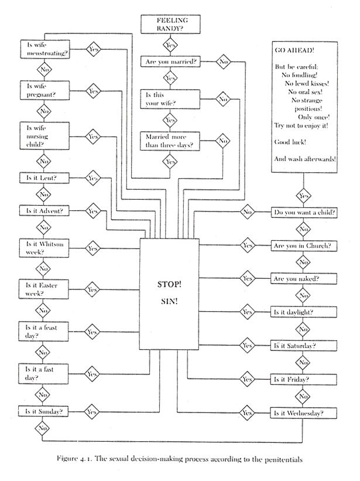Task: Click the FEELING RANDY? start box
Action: tap(170, 24)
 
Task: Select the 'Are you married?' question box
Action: tap(170, 60)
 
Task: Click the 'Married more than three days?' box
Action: tap(170, 141)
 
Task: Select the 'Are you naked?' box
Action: tap(304, 279)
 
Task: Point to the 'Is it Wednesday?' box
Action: tap(304, 413)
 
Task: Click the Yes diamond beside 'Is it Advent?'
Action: tap(92, 210)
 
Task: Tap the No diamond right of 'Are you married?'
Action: tap(223, 60)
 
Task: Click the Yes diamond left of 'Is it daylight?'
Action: tap(247, 312)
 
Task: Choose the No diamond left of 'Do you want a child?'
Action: tap(247, 211)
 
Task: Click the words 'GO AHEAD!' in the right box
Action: tap(293, 51)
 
